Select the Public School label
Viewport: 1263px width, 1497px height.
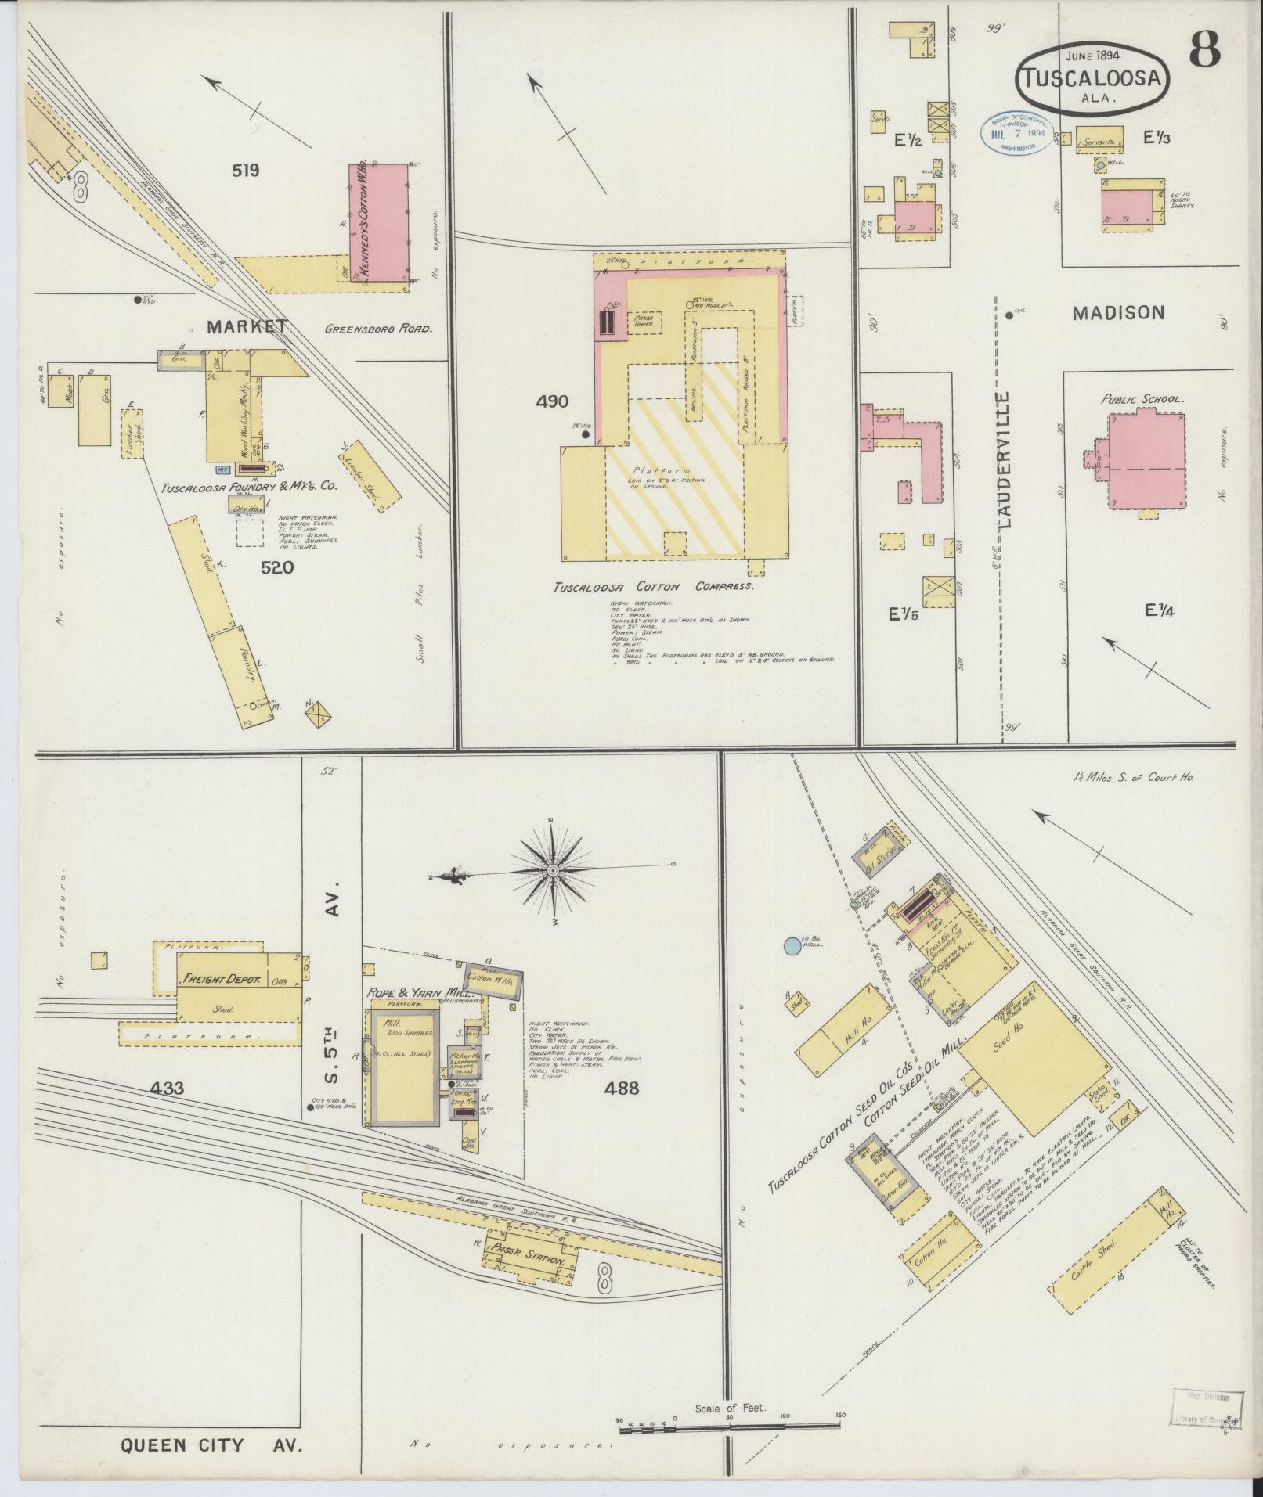(1142, 399)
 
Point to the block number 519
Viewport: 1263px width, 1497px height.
(245, 170)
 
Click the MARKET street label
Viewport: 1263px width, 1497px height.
(247, 327)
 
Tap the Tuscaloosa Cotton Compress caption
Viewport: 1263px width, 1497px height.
(653, 586)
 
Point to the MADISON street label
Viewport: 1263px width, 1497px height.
(1117, 313)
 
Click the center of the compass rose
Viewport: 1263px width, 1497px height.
(552, 870)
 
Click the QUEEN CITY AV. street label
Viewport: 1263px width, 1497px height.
(211, 1445)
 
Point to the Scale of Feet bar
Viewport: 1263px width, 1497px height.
(730, 1430)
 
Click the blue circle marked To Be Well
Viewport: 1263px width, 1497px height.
(793, 946)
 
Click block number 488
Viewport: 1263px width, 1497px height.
(622, 1088)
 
